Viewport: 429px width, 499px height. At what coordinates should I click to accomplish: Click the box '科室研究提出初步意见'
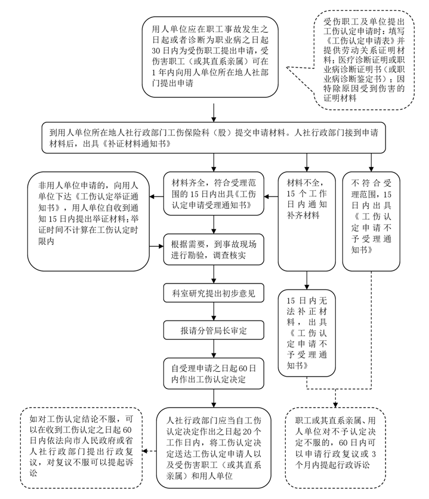[214, 294]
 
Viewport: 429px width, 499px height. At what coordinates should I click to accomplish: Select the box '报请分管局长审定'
[214, 331]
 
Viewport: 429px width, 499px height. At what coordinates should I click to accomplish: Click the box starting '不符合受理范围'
[371, 221]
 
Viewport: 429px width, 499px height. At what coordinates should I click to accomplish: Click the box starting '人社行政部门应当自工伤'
[214, 446]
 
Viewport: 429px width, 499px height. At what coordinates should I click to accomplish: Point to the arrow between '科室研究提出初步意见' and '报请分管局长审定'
[214, 312]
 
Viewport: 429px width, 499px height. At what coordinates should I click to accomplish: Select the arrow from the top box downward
[213, 111]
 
